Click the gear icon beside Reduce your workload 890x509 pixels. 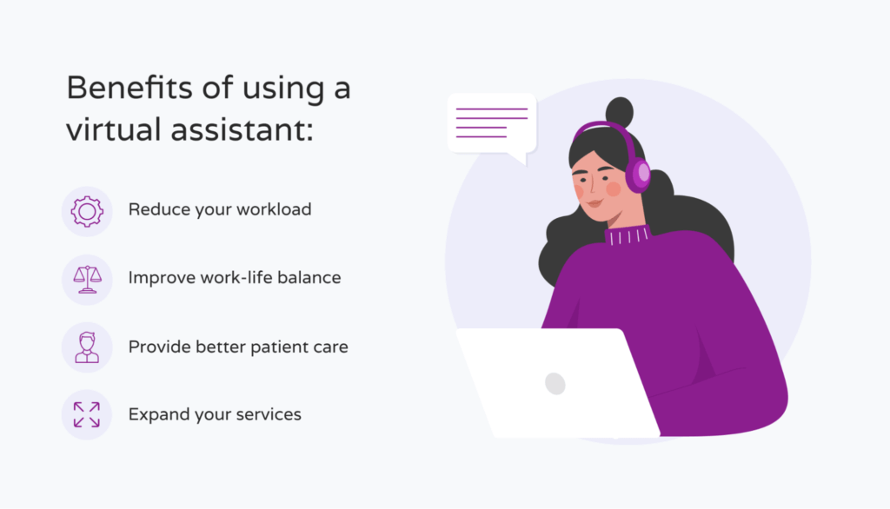[87, 211]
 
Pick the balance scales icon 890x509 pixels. [87, 279]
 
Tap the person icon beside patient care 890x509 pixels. [87, 347]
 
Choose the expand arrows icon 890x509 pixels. [87, 414]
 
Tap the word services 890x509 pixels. [264, 414]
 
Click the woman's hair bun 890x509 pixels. [619, 112]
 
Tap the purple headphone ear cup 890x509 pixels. [639, 174]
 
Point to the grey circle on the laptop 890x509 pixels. [555, 383]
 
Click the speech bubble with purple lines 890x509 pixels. [491, 123]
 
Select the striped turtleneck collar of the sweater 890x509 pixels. [628, 235]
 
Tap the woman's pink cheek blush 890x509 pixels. [613, 188]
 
